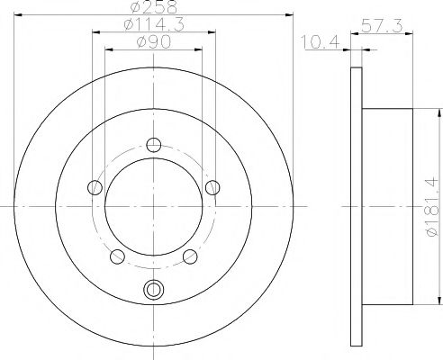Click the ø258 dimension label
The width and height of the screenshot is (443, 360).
click(x=153, y=7)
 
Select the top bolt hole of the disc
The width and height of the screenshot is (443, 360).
click(x=154, y=144)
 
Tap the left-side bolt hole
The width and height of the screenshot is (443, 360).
click(x=95, y=187)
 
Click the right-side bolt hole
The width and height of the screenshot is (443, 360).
click(x=213, y=187)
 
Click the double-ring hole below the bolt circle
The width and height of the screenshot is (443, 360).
click(x=154, y=290)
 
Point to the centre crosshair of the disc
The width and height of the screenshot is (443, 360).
click(x=154, y=206)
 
